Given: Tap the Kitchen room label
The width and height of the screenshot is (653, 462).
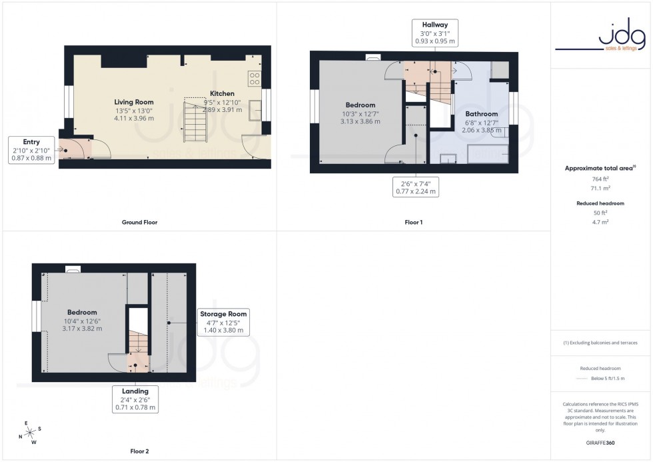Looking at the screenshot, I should coord(222,93).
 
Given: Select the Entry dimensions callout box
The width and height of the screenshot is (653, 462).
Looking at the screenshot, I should coord(31,150).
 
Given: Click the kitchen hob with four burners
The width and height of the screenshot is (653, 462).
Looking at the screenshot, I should coord(254,79).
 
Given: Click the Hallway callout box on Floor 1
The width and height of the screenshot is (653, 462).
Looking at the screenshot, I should coord(434,33).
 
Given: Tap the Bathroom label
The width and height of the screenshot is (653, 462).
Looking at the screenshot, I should coord(481,114).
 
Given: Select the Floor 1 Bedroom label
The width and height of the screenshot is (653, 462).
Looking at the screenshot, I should coord(360,105).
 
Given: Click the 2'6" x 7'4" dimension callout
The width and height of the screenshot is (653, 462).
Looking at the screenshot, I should coord(416,187).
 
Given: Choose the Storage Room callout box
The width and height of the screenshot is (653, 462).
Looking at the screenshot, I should coord(223,321).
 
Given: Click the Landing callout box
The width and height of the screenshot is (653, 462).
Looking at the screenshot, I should coord(135,399).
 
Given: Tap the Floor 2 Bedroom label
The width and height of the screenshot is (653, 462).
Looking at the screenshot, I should coord(82,312).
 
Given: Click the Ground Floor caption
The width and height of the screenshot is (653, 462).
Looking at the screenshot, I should coord(141,222).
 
